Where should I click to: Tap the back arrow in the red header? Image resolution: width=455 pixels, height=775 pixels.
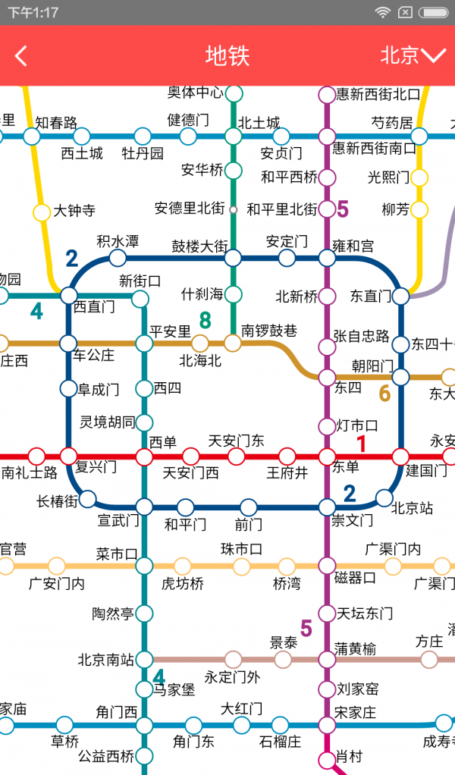click(21, 55)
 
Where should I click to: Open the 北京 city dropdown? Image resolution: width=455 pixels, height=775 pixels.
click(413, 55)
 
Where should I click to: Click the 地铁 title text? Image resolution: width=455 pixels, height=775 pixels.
click(227, 55)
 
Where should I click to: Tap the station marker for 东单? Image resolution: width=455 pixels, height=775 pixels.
click(327, 457)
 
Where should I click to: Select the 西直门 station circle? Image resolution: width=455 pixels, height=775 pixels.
click(69, 295)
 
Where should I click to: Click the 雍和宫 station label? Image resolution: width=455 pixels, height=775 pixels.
click(353, 246)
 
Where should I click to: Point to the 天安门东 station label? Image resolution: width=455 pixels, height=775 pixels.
click(236, 441)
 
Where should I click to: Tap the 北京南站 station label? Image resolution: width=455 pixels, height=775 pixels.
click(105, 660)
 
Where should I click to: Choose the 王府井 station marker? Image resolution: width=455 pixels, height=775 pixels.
click(287, 457)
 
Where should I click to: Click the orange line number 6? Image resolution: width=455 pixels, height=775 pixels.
click(384, 393)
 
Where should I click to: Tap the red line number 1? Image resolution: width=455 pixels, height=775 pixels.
click(362, 444)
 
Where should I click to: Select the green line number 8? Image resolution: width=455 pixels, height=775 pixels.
click(205, 321)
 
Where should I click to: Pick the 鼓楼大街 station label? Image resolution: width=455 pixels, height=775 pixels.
click(199, 246)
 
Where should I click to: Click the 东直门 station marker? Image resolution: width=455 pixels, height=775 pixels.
click(400, 296)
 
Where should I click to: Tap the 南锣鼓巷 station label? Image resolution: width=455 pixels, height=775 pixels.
click(269, 330)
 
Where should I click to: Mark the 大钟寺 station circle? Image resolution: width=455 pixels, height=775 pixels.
click(42, 211)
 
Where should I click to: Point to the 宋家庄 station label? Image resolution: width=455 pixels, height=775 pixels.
click(356, 712)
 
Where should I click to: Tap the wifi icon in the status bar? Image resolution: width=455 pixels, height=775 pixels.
click(383, 12)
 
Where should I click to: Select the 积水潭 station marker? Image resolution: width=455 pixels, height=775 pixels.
click(118, 258)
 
